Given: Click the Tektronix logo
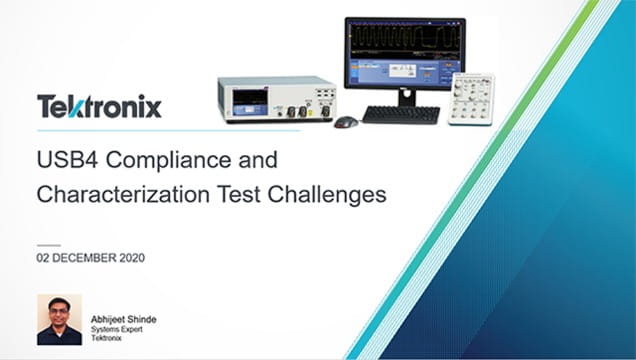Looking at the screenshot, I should (x=99, y=106).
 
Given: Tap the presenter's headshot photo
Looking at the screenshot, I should (x=59, y=319).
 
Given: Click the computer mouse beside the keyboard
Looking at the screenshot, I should (x=346, y=121).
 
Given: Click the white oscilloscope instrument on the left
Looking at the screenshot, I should (x=275, y=99).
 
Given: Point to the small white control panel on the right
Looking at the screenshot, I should (x=472, y=98).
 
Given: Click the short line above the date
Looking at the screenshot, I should (x=49, y=244).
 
